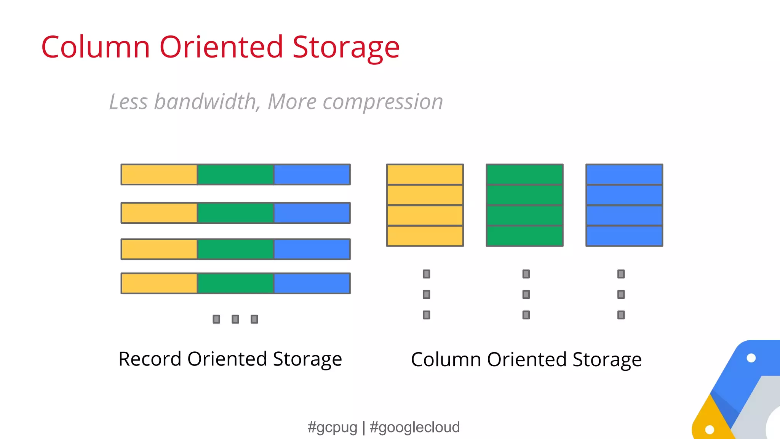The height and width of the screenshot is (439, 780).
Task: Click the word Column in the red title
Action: [96, 47]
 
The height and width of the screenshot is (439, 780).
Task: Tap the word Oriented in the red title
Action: [221, 47]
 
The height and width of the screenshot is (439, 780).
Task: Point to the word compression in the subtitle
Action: [383, 103]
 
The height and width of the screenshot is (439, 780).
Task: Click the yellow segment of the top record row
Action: [159, 175]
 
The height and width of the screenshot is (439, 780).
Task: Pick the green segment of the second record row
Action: [235, 213]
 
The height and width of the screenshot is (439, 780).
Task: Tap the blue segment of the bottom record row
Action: [312, 283]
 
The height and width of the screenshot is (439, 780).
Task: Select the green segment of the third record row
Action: [235, 249]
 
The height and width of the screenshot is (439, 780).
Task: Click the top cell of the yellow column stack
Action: [425, 175]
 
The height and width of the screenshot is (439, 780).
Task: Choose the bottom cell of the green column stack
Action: [525, 236]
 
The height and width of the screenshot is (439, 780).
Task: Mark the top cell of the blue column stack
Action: [624, 175]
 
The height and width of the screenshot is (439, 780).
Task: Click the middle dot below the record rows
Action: [235, 319]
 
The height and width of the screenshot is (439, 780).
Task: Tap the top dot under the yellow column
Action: [427, 274]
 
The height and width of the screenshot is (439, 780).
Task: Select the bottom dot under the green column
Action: [526, 315]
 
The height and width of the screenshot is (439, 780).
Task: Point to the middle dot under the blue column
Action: [621, 294]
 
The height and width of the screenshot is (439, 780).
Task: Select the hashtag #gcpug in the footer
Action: [332, 427]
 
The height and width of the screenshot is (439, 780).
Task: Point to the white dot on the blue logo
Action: [751, 358]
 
